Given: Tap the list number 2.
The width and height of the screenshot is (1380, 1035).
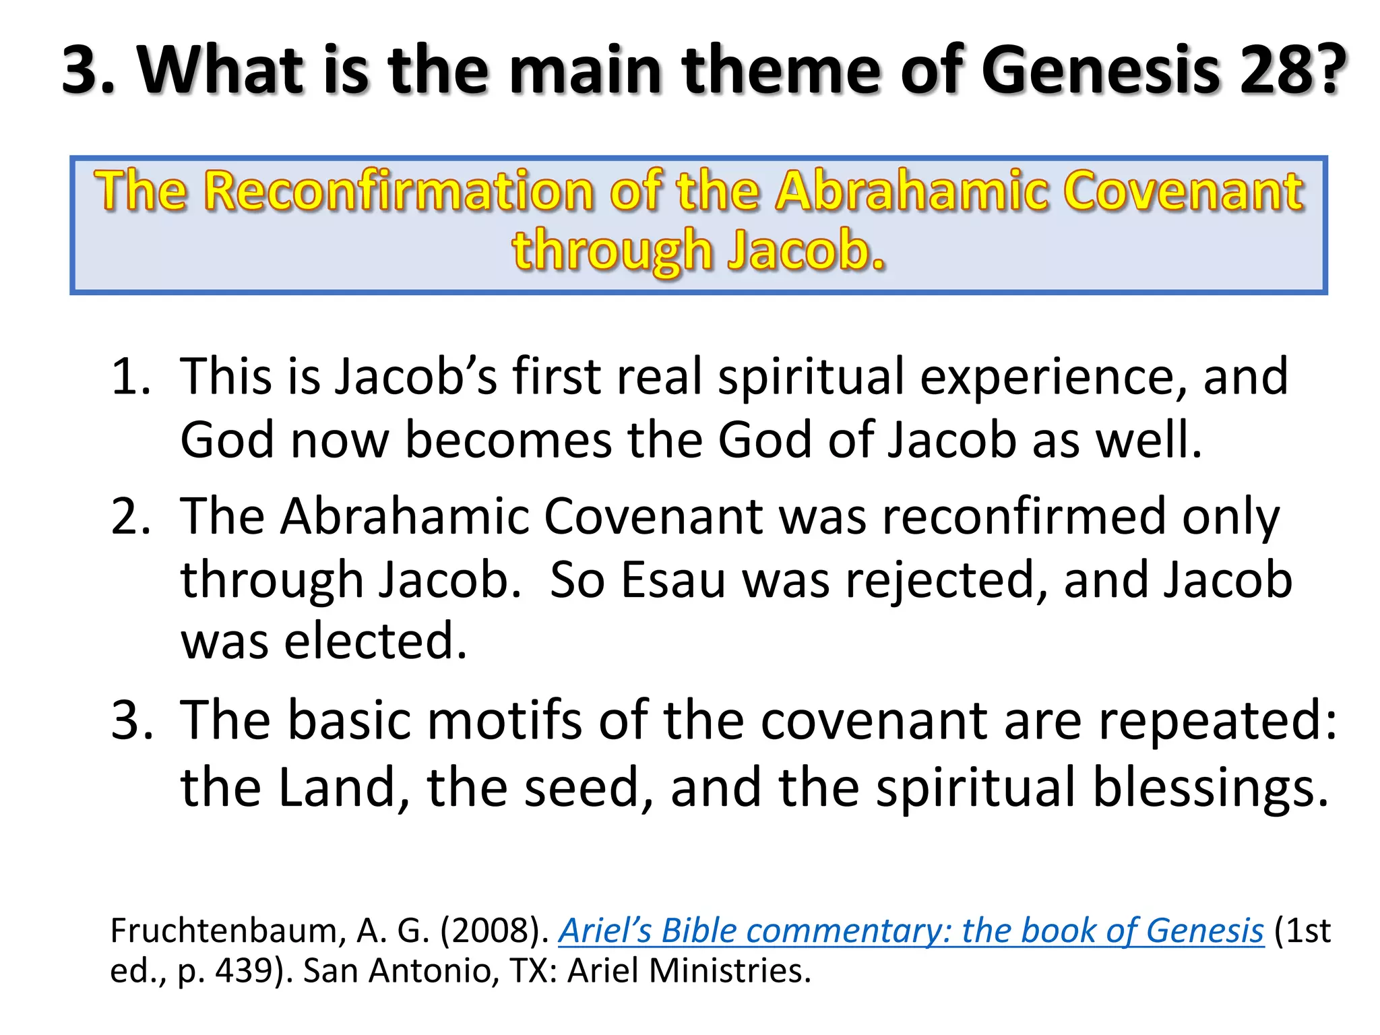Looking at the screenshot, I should point(131,516).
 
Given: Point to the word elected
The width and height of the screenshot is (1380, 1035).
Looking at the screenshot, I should point(375,641).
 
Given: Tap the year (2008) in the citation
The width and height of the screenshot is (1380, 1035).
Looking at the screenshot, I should point(495,931).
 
